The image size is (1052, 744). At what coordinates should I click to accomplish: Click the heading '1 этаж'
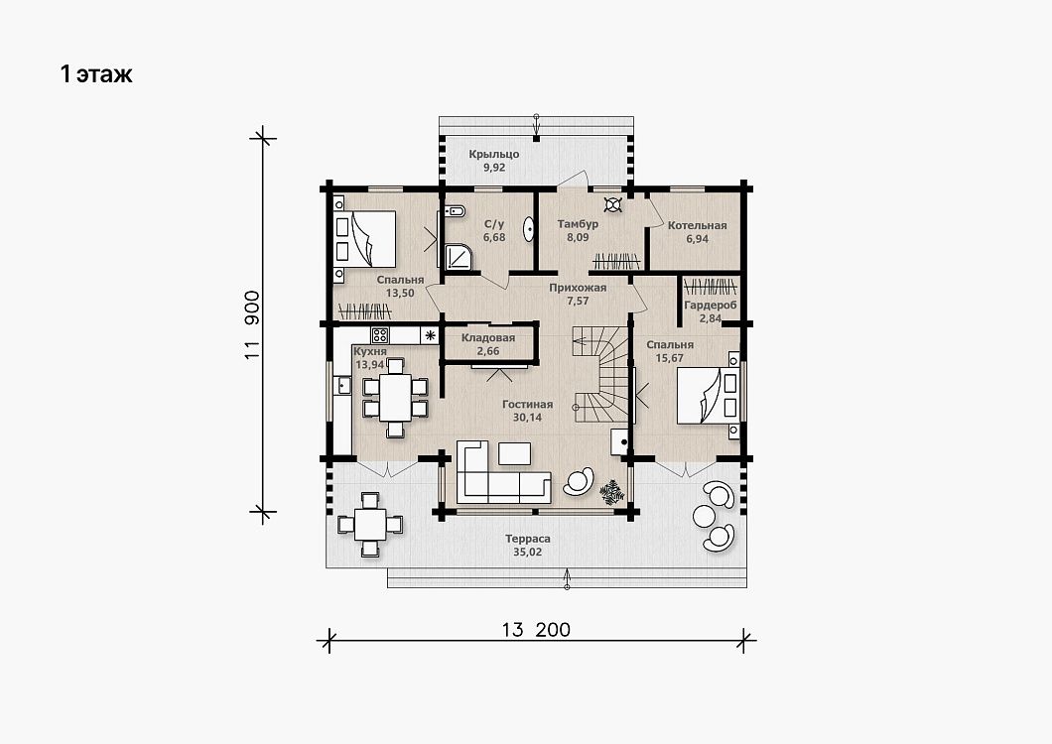click(96, 73)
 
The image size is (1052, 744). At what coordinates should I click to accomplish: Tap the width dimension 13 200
click(536, 629)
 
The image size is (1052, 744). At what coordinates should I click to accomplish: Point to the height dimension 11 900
click(252, 324)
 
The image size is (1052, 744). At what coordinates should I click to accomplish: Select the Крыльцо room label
click(494, 155)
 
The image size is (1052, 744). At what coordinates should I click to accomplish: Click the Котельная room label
click(697, 225)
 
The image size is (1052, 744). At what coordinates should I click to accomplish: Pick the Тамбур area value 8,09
click(578, 237)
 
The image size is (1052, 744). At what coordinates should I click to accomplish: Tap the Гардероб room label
click(711, 306)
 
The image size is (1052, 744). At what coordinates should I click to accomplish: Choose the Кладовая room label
click(488, 337)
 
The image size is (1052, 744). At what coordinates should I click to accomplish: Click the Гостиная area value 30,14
click(527, 418)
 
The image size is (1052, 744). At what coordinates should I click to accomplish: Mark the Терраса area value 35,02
click(527, 553)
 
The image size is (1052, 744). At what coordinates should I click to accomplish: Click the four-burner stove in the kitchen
click(380, 334)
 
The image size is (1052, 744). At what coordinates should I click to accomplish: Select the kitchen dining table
click(395, 397)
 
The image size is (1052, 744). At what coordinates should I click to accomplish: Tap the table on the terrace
click(370, 525)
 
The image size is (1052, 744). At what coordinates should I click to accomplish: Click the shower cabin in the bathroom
click(459, 256)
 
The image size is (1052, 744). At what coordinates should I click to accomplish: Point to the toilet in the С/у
click(455, 212)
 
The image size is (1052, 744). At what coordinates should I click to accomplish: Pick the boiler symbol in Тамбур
click(612, 204)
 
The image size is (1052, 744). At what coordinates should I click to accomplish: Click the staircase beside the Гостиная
click(600, 375)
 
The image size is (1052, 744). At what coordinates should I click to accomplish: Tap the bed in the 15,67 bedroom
click(709, 395)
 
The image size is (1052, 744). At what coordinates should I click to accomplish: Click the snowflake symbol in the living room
click(612, 492)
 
